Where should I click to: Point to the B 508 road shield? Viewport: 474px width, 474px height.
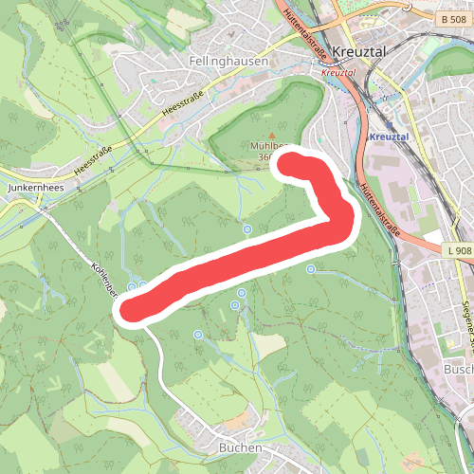tap(455, 18)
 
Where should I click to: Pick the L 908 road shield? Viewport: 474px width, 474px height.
tap(456, 250)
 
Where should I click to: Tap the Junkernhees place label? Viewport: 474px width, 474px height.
tap(35, 189)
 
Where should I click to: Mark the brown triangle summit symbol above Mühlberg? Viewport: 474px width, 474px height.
tap(271, 135)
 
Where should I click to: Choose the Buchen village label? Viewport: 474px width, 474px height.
tap(240, 447)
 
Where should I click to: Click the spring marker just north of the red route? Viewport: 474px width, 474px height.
tap(247, 229)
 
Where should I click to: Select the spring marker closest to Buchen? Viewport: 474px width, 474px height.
tap(198, 335)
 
